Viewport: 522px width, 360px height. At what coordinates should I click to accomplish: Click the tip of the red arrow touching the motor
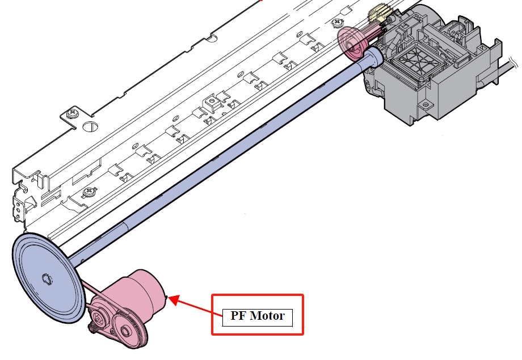tap(169, 297)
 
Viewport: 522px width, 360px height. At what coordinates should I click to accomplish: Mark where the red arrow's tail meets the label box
tap(222, 315)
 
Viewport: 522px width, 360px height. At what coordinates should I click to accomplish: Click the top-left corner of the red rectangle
tap(212, 295)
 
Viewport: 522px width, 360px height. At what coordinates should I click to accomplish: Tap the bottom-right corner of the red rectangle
tap(303, 334)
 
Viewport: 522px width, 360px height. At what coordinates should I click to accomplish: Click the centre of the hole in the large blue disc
tap(47, 279)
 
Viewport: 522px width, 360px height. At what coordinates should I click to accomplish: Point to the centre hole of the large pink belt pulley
tap(125, 331)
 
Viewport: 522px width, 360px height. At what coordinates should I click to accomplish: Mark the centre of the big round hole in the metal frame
tap(90, 126)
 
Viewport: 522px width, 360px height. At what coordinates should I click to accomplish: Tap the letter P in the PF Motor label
tap(234, 315)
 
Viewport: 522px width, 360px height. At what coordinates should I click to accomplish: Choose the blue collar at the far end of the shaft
tap(374, 57)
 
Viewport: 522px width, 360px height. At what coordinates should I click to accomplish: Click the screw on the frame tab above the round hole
tap(72, 114)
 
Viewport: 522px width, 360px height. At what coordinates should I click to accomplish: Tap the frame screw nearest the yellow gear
tap(338, 22)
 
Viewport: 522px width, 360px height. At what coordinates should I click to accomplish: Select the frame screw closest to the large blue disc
tap(89, 191)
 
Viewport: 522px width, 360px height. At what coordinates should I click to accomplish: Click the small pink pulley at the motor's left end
tap(99, 319)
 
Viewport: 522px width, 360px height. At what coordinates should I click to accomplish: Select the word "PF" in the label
tap(238, 315)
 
